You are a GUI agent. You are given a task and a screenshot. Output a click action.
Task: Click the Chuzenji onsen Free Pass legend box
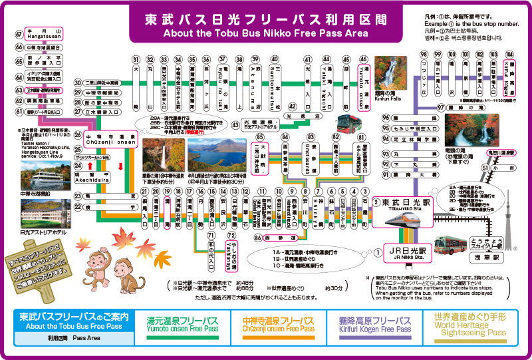point(278,325)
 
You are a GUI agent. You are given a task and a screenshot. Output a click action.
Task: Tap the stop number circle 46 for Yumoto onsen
point(364,59)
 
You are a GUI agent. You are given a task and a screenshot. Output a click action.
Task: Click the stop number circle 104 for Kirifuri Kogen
point(510,55)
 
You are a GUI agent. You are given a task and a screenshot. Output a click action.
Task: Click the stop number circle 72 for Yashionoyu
point(231,235)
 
